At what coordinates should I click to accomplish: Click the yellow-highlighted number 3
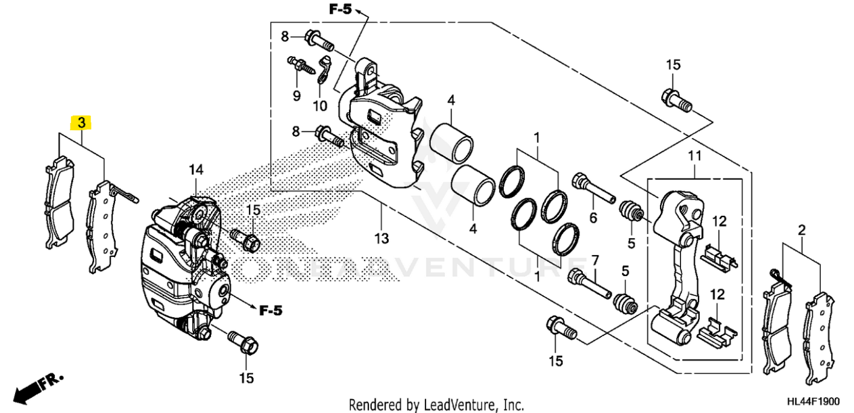click(x=81, y=123)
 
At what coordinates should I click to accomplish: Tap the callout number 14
click(x=196, y=171)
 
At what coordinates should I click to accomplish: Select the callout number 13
click(x=381, y=239)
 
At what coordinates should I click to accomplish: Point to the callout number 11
click(x=695, y=156)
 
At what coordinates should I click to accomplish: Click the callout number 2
click(x=802, y=229)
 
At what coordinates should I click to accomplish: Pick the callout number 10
click(x=320, y=106)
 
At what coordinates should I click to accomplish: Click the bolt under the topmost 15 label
click(x=677, y=101)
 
